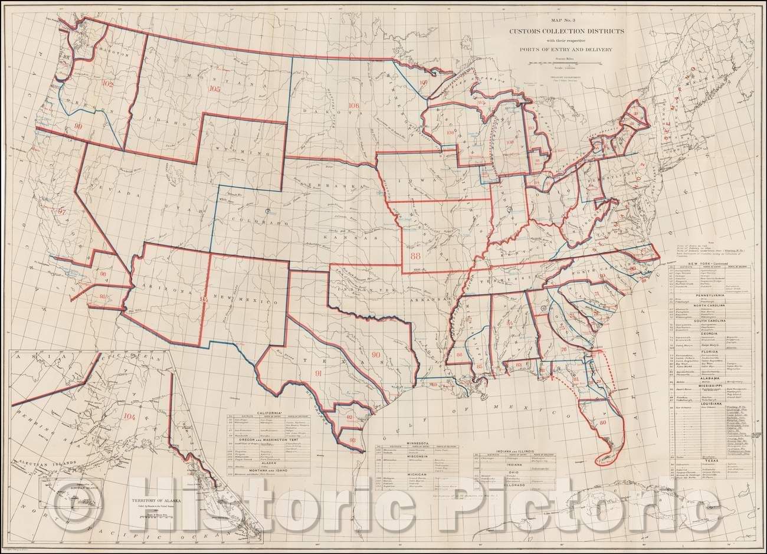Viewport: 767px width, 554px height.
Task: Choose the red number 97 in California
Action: tap(63, 211)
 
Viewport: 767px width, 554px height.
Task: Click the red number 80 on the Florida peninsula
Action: tap(602, 422)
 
